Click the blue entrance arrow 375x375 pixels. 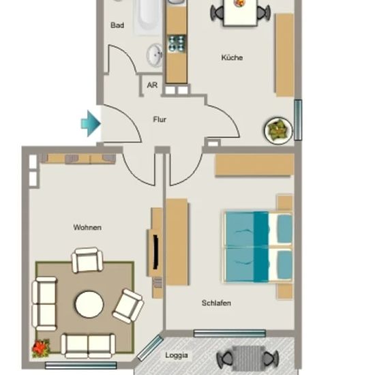(x=91, y=123)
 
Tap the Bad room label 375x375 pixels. (x=117, y=25)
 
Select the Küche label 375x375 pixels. (x=232, y=58)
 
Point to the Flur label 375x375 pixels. (x=160, y=119)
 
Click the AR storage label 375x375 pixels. (x=152, y=85)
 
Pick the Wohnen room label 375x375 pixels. (x=87, y=227)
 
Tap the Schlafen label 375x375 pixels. (x=216, y=303)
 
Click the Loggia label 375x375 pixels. (x=177, y=355)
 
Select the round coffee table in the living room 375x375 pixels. (x=89, y=305)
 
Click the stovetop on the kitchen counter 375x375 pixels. (x=177, y=44)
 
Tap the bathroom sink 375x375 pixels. (x=155, y=55)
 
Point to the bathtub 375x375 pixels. (x=147, y=17)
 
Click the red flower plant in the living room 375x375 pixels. (x=41, y=348)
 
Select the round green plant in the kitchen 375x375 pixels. (x=278, y=131)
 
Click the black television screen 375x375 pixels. (x=155, y=252)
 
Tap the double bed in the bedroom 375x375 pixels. (x=258, y=247)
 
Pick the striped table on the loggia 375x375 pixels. (x=247, y=358)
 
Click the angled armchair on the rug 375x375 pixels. (x=128, y=306)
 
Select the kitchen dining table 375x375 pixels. (x=240, y=12)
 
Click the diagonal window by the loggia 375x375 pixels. (x=150, y=348)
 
